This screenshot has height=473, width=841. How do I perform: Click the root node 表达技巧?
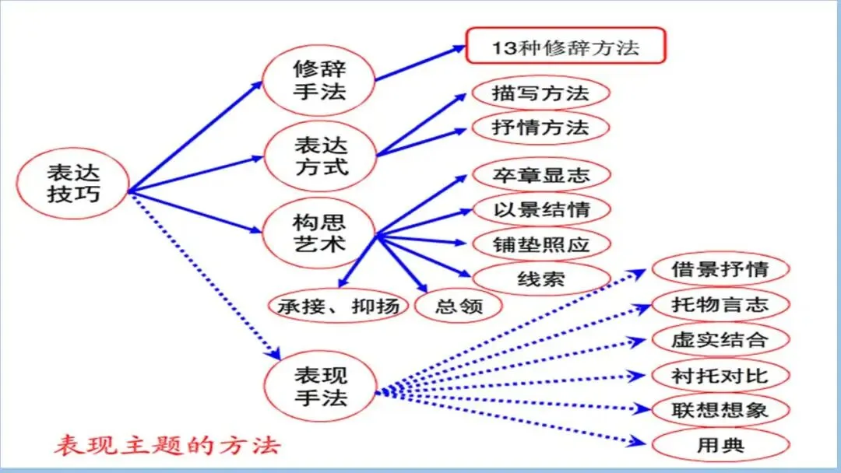(73, 182)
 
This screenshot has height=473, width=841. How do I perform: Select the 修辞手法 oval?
(319, 79)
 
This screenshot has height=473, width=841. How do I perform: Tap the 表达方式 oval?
(320, 156)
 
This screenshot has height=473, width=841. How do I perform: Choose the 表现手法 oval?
(320, 387)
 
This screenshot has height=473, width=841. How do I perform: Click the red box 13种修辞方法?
(565, 47)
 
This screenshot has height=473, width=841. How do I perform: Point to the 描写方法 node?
(540, 94)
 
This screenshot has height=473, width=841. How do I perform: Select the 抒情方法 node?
(540, 127)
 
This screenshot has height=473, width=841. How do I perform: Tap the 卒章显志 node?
(541, 176)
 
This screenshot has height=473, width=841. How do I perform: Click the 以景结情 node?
(541, 210)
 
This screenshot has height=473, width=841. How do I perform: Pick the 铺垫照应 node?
(541, 244)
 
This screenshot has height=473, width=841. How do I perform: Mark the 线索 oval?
(541, 279)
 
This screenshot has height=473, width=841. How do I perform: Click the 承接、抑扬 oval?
(339, 306)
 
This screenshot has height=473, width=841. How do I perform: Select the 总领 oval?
(459, 306)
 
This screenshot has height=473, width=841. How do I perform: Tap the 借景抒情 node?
(720, 270)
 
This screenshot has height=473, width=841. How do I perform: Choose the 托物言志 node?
(720, 304)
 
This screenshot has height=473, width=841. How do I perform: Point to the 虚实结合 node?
(720, 340)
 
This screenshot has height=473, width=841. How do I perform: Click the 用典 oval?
(720, 445)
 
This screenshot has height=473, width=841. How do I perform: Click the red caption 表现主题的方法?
(167, 446)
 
